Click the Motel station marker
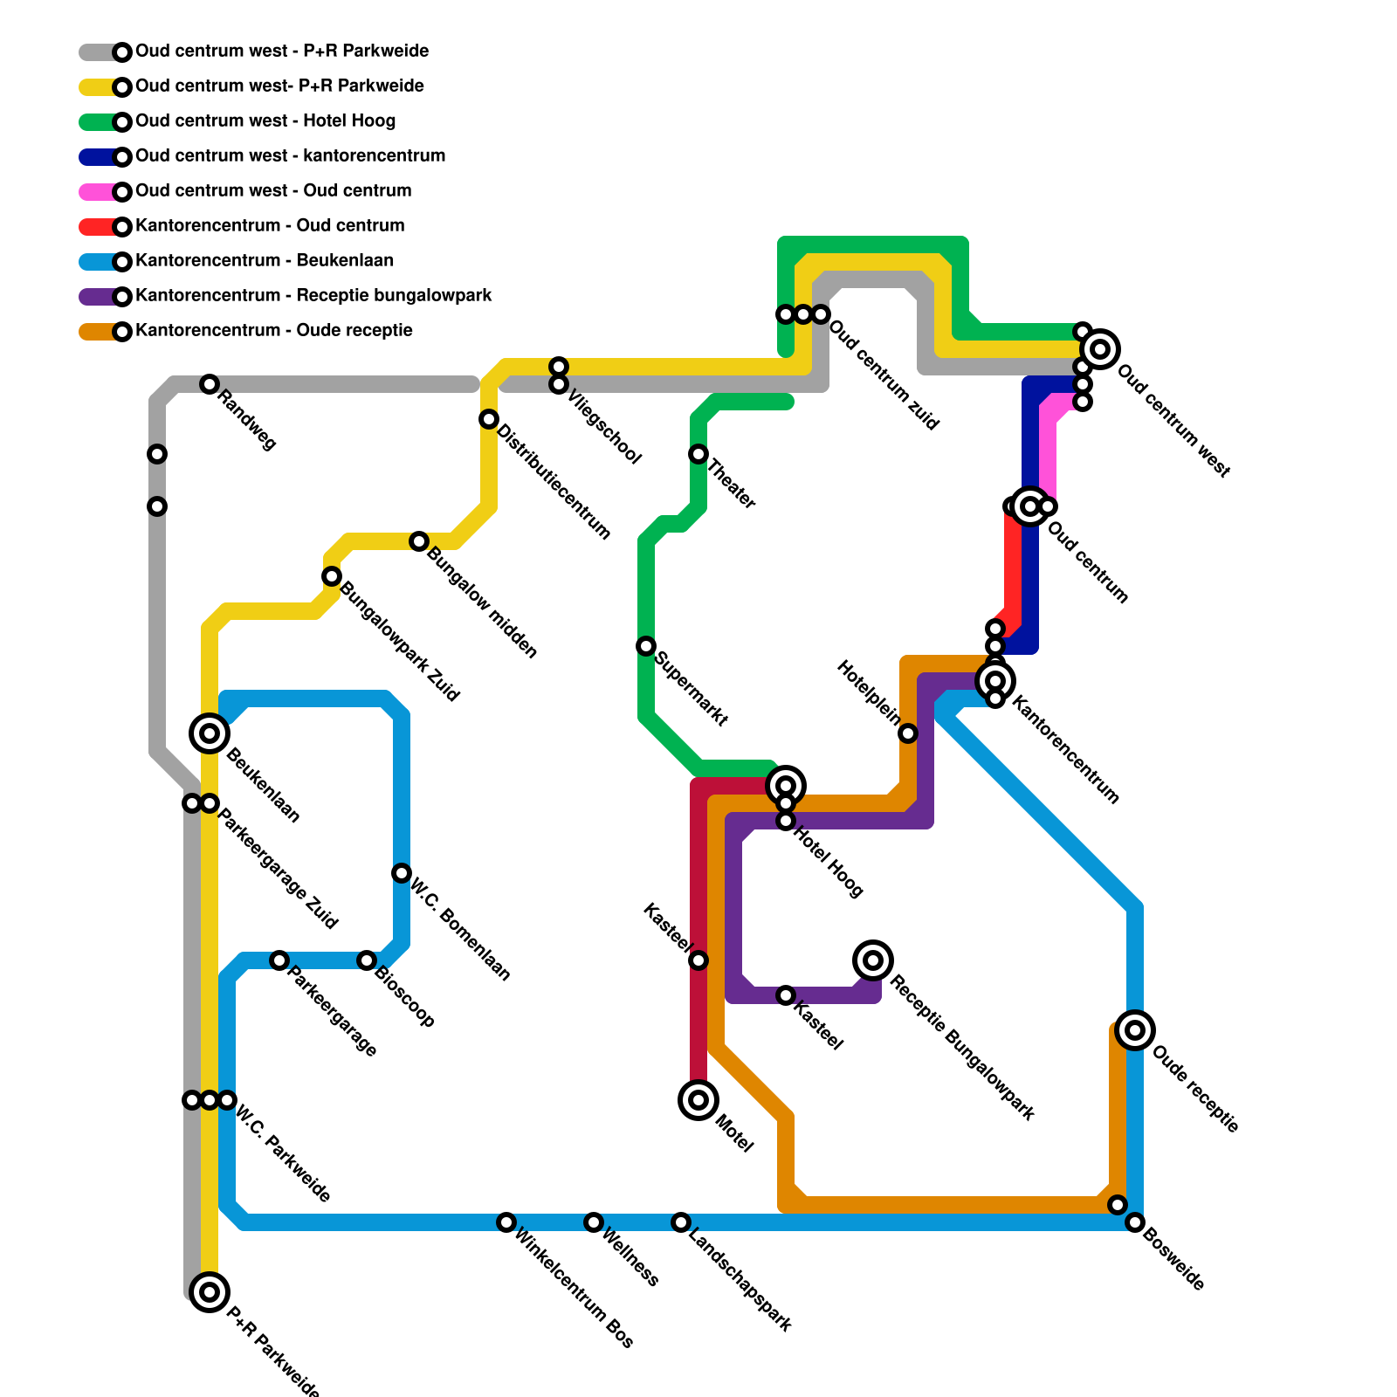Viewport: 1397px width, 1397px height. click(x=698, y=1100)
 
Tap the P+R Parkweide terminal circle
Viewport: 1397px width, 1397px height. click(x=210, y=1292)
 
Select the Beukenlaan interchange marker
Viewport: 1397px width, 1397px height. click(x=210, y=733)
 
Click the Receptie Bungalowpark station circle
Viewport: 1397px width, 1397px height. click(x=873, y=960)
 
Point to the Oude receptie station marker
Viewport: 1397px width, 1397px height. click(x=1135, y=1030)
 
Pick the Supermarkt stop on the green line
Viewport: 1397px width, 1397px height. click(x=646, y=646)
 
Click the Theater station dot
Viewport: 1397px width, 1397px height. click(x=698, y=454)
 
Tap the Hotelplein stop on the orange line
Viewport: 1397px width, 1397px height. click(x=908, y=733)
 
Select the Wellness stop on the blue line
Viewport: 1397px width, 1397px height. click(x=594, y=1222)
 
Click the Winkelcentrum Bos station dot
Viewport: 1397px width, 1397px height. click(x=506, y=1222)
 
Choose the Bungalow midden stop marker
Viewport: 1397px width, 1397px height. click(x=419, y=541)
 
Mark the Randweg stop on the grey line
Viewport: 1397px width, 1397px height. click(x=210, y=384)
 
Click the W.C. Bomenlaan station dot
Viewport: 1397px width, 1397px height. click(x=402, y=873)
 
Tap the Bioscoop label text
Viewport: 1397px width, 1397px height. click(x=404, y=995)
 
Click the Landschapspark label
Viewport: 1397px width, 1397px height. click(x=740, y=1280)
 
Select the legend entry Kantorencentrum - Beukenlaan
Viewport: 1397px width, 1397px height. click(x=265, y=261)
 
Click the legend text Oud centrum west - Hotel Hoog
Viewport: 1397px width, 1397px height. click(x=265, y=121)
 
